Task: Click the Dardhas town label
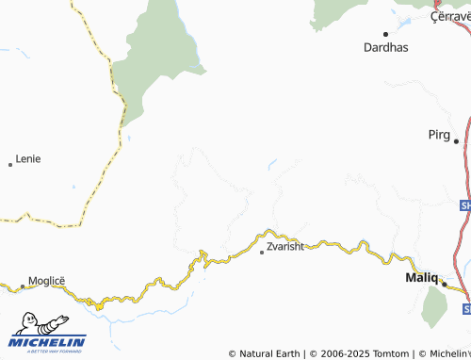click(386, 46)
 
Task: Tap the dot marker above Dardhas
click(385, 34)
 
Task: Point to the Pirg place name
click(438, 135)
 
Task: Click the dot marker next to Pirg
click(456, 141)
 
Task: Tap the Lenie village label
click(28, 158)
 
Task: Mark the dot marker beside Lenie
click(10, 165)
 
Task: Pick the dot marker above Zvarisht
click(262, 253)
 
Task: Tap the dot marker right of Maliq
click(445, 283)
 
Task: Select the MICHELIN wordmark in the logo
click(49, 341)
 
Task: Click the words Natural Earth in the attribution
click(268, 353)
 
